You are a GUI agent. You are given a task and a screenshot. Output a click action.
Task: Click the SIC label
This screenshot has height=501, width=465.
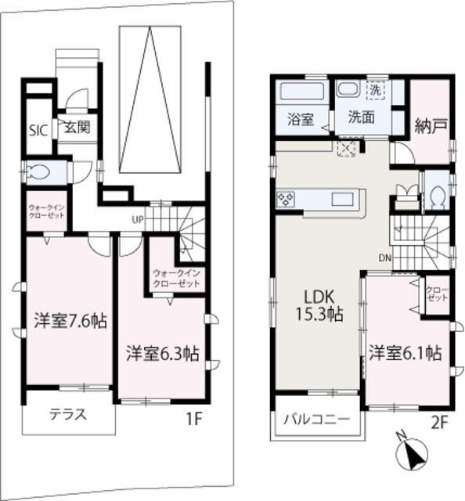(x=38, y=130)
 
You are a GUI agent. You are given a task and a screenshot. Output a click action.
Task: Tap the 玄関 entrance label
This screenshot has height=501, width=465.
(x=74, y=126)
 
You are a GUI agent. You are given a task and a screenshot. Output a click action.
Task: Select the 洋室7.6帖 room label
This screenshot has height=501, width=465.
(x=70, y=321)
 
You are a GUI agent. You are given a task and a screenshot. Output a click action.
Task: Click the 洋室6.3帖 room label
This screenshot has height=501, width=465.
(x=162, y=353)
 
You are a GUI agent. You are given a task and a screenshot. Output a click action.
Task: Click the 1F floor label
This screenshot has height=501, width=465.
(x=194, y=418)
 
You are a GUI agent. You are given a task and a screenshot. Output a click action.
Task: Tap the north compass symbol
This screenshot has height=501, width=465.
(x=413, y=455)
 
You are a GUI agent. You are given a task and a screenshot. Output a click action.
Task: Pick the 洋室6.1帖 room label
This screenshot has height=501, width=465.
(x=406, y=353)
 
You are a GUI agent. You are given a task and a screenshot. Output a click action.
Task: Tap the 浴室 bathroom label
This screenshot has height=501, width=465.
(x=300, y=120)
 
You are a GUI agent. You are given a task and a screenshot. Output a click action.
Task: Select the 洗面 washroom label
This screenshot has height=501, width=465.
(x=361, y=120)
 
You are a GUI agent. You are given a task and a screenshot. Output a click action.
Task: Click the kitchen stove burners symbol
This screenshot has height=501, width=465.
(x=285, y=199)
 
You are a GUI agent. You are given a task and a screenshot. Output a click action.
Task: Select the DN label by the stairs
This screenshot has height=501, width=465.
(x=386, y=258)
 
